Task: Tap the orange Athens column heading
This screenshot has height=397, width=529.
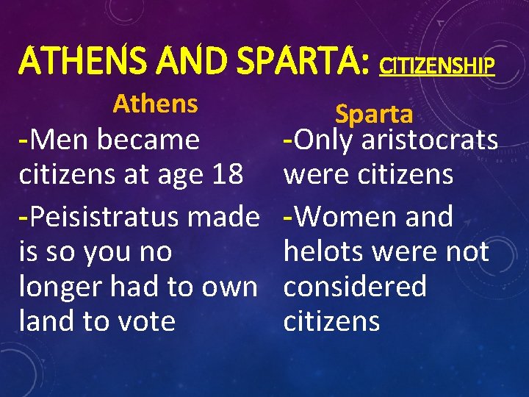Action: pyautogui.click(x=155, y=104)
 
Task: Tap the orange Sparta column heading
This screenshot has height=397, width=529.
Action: pyautogui.click(x=374, y=114)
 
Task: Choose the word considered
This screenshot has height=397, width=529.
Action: pyautogui.click(x=355, y=286)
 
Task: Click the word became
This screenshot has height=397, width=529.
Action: pyautogui.click(x=151, y=140)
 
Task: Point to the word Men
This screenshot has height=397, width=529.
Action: pyautogui.click(x=56, y=140)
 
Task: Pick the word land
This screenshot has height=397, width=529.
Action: pyautogui.click(x=46, y=321)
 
